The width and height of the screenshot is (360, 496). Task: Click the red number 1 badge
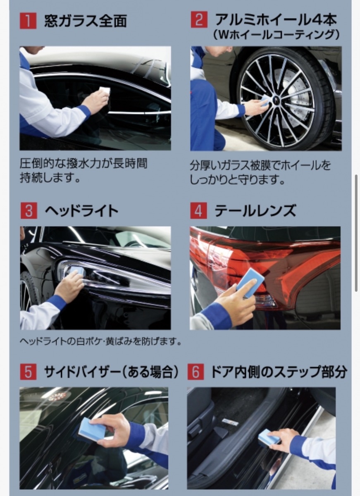click(x=28, y=21)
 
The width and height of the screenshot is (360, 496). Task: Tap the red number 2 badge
click(x=199, y=20)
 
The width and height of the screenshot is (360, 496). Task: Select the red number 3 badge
click(x=29, y=210)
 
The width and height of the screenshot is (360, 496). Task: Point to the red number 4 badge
click(x=198, y=210)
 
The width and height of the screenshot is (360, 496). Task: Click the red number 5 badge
click(x=28, y=372)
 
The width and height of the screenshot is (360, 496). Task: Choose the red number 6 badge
click(x=195, y=372)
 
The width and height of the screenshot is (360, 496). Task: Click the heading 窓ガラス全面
click(x=86, y=21)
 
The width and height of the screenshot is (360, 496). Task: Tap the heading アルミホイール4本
click(x=276, y=19)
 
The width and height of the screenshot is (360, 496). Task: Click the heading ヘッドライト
click(x=81, y=210)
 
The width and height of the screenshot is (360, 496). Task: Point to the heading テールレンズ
click(x=255, y=210)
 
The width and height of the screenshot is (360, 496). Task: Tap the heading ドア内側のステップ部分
click(x=279, y=372)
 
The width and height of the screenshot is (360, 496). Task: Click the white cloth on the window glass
click(x=105, y=91)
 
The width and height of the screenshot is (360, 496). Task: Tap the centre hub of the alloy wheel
click(x=273, y=101)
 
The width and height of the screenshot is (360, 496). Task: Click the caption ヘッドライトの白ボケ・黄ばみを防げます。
click(x=101, y=342)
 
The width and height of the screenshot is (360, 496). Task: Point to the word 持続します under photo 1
click(x=50, y=178)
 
